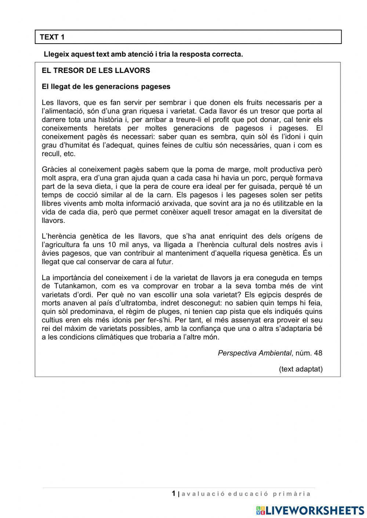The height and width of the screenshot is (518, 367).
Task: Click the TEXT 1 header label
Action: click(52, 37)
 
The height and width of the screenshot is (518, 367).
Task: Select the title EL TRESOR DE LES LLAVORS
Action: click(96, 70)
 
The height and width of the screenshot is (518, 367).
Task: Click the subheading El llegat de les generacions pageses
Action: click(106, 87)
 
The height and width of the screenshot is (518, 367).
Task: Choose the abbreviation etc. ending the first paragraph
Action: click(70, 154)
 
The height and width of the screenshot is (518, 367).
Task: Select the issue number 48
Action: click(318, 353)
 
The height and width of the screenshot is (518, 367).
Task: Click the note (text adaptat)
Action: click(301, 369)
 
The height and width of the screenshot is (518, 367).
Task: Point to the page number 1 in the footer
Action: click(174, 493)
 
